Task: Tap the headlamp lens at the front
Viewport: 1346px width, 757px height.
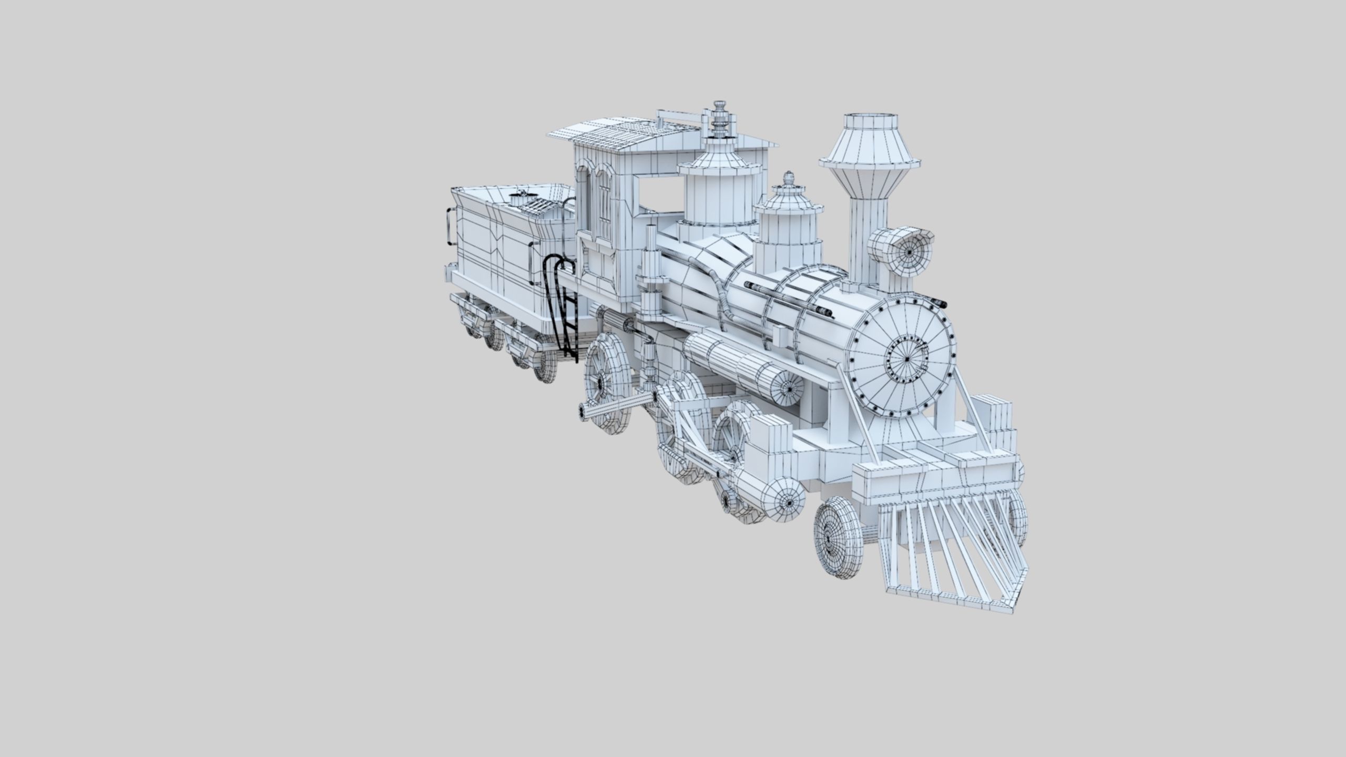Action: (909, 252)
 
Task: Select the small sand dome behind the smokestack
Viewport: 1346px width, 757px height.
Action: (788, 221)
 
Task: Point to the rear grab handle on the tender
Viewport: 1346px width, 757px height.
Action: (450, 227)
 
